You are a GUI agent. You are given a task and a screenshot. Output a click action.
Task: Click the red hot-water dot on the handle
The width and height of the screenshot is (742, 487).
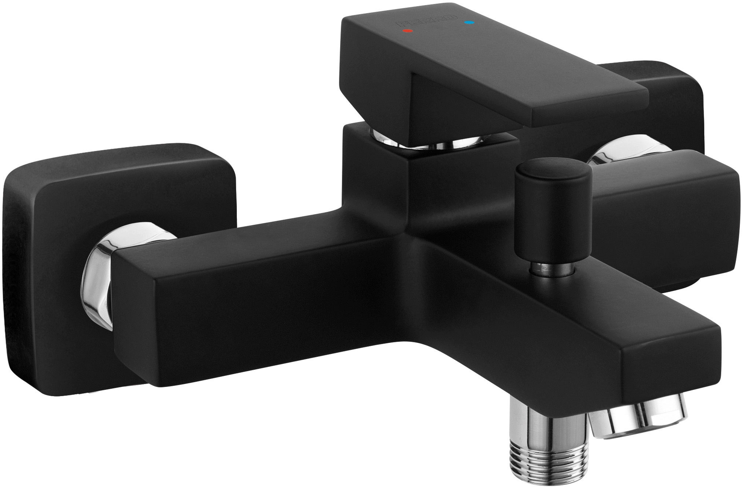pyautogui.click(x=408, y=31)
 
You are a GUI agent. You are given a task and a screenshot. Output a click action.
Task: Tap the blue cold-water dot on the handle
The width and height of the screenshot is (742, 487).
pyautogui.click(x=469, y=23)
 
